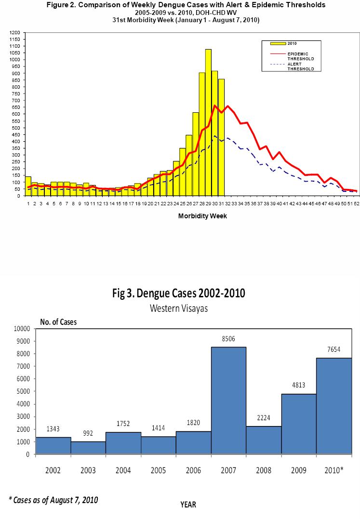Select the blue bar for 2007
228,400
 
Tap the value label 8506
228,339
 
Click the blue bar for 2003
88,448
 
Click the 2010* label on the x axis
334,470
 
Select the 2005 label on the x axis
159,470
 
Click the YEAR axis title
188,505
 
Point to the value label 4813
299,386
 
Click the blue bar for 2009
299,424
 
